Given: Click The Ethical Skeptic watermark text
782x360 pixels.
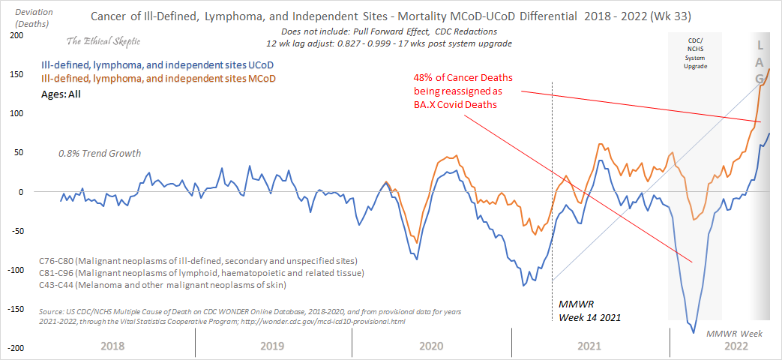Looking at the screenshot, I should point(103,40).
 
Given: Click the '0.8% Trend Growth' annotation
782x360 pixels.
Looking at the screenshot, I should point(100,154).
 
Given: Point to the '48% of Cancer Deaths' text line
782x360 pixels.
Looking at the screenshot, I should point(459,77).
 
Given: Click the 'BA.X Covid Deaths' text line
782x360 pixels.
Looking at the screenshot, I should point(457,105).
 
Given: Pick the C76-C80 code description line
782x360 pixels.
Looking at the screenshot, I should point(177,259).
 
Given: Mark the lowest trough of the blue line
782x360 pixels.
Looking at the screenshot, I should point(694,332).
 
